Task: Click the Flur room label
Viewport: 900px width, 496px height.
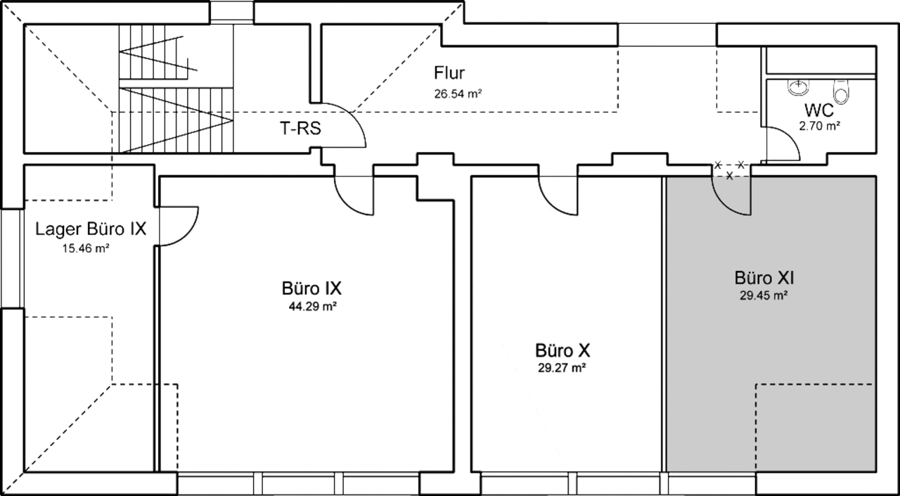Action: coord(449,72)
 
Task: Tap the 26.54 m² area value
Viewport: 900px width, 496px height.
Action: coord(458,94)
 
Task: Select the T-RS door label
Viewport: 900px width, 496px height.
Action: coord(300,129)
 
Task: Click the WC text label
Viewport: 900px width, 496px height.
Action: coord(819,110)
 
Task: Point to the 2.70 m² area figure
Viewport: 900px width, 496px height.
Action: coord(819,126)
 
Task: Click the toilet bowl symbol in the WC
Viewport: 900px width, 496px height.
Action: coord(842,91)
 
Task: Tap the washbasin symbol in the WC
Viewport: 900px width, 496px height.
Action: coord(798,88)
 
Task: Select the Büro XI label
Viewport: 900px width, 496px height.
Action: coord(764,278)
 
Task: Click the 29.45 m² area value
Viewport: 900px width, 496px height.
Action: coord(764,295)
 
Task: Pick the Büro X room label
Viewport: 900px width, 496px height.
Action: coord(562,350)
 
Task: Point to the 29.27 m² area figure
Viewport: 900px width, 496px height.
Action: coord(562,368)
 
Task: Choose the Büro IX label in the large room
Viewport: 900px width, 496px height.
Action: coord(311,288)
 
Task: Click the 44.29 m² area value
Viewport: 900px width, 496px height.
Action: coord(313,307)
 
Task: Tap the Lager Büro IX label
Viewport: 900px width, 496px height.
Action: coord(91,229)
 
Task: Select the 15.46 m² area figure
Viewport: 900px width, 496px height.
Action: coord(86,248)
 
